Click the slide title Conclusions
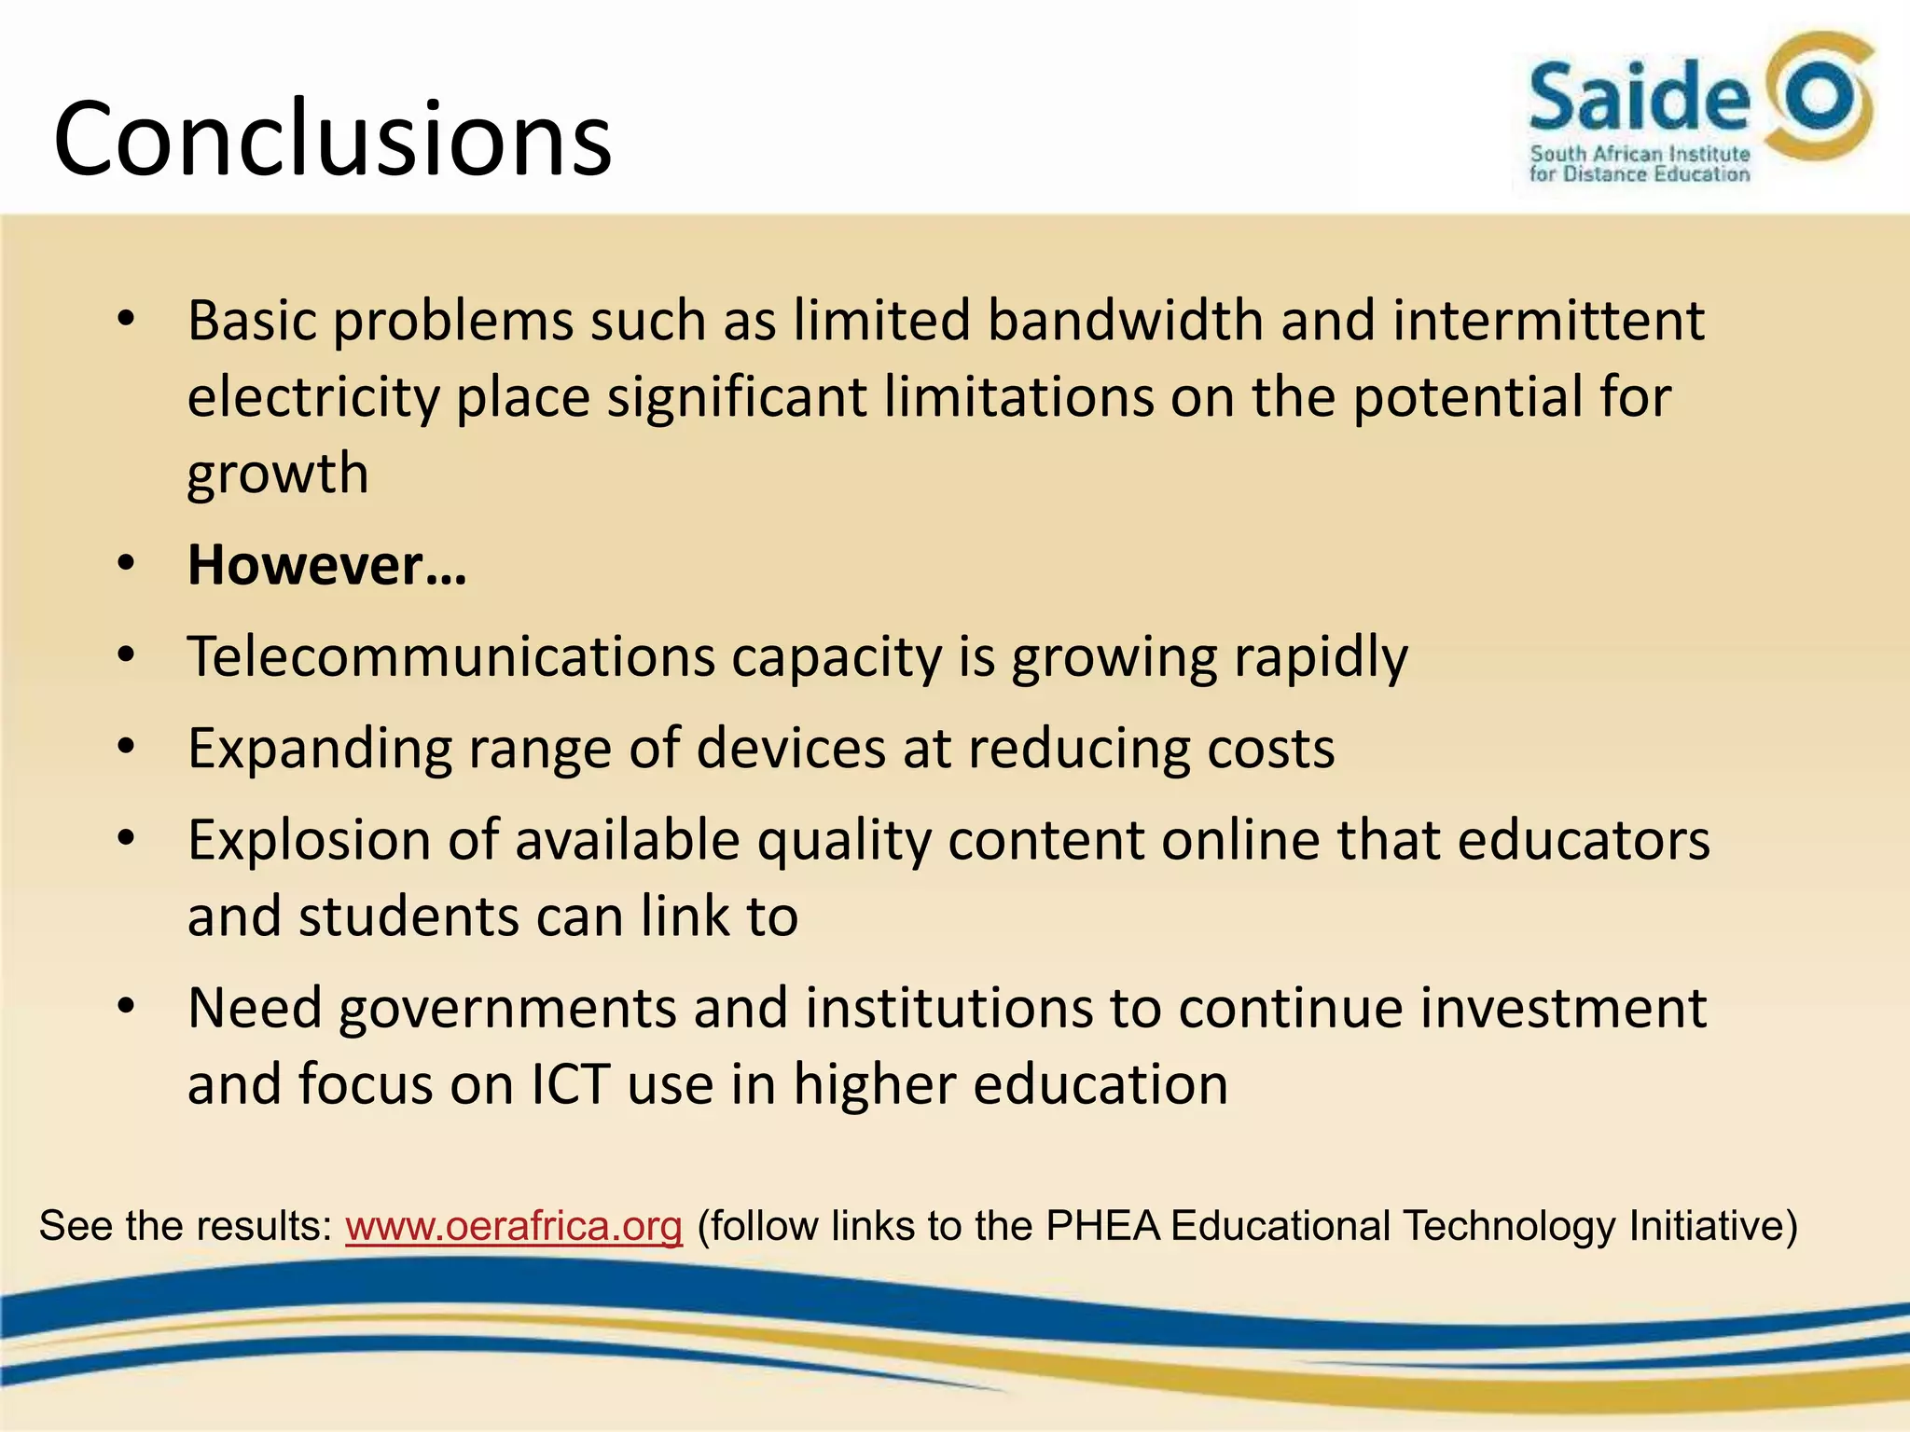coord(332,140)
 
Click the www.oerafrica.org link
coord(514,1225)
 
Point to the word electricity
coord(313,397)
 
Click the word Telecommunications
coord(450,656)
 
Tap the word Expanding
coord(320,749)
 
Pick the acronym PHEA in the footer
coord(1102,1225)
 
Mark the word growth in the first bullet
coord(278,474)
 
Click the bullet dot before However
coord(127,564)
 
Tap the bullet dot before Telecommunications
coord(127,655)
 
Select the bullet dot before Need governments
coord(127,1007)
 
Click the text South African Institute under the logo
coord(1640,155)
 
